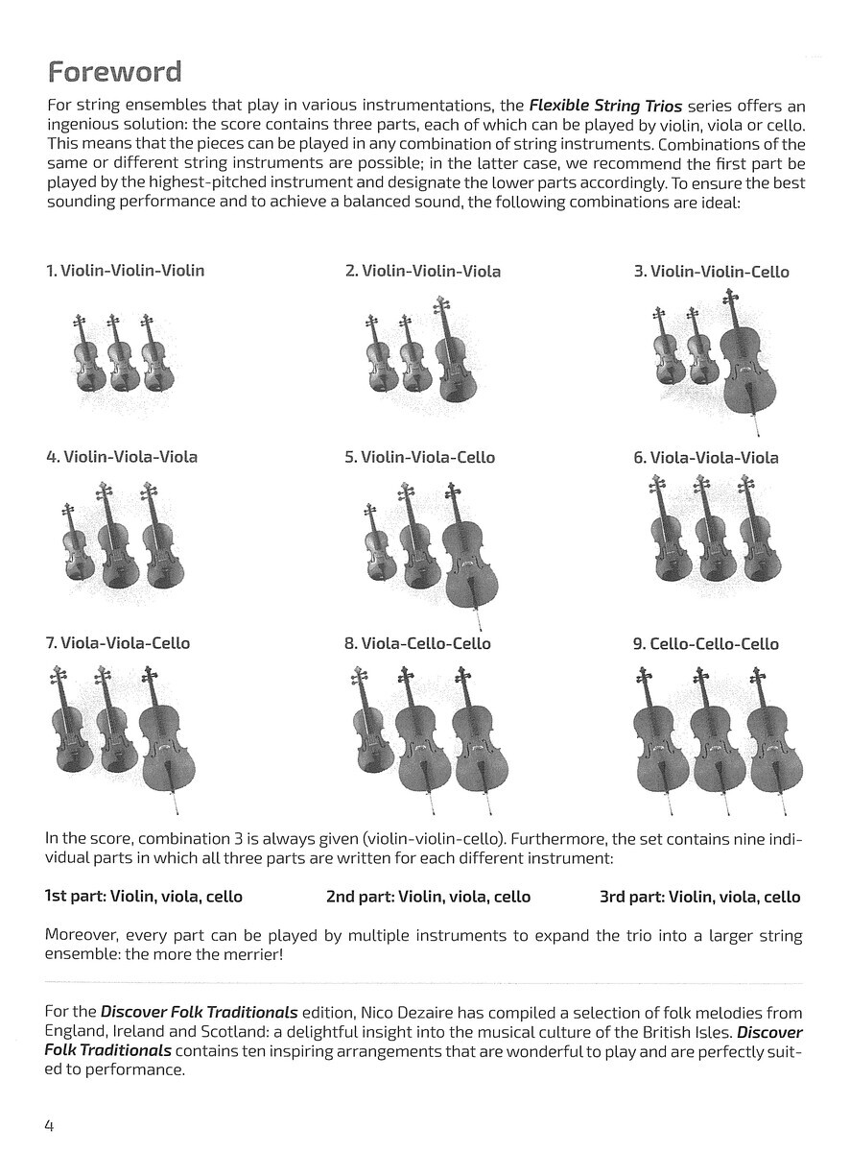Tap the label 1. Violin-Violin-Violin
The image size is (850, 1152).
pyautogui.click(x=125, y=271)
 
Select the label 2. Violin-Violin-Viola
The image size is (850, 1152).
pyautogui.click(x=422, y=272)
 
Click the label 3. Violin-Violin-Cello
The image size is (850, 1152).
pyautogui.click(x=710, y=272)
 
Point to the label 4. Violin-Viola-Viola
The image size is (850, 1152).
pyautogui.click(x=121, y=457)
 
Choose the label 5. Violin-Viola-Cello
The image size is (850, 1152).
pyautogui.click(x=419, y=457)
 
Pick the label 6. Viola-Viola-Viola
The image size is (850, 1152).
pyautogui.click(x=705, y=458)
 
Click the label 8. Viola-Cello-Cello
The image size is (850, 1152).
pyautogui.click(x=417, y=643)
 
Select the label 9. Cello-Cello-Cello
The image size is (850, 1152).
pyautogui.click(x=705, y=644)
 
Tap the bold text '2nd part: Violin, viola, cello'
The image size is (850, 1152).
pyautogui.click(x=428, y=897)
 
